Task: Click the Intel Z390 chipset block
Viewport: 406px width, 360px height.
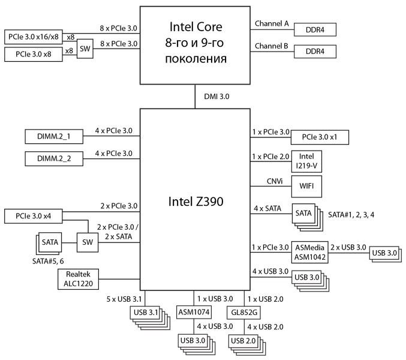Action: tap(195, 199)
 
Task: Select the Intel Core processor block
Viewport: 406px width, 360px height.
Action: tap(195, 45)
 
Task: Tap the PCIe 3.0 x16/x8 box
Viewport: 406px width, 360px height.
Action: tap(34, 37)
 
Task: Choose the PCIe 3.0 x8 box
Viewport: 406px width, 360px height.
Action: tap(34, 54)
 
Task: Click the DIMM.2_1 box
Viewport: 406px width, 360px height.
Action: tap(54, 137)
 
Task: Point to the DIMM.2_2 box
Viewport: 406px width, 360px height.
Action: tap(54, 159)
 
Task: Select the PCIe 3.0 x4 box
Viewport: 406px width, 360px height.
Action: tap(34, 216)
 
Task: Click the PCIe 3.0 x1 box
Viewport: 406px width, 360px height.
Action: tap(320, 137)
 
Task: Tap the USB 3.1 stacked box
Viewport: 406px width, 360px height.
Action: tap(145, 313)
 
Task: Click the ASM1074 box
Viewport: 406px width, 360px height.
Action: tap(194, 313)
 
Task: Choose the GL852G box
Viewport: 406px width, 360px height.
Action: tap(244, 313)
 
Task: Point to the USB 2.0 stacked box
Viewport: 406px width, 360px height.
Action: tap(242, 341)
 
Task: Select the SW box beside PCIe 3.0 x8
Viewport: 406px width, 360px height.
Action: tap(85, 50)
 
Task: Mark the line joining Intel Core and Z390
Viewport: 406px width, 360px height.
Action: tap(195, 96)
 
